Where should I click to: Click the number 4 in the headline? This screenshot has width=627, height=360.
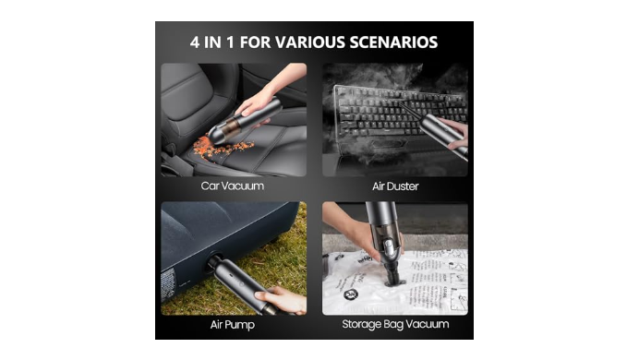tap(195, 42)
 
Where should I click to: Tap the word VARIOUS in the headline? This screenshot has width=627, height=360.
tap(310, 42)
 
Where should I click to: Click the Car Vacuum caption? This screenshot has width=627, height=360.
tap(233, 186)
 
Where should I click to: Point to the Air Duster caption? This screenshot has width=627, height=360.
tap(395, 186)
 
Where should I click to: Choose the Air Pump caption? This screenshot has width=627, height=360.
tap(233, 324)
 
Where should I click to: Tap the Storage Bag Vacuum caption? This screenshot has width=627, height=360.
tap(395, 324)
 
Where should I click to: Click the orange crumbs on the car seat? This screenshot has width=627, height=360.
tap(222, 148)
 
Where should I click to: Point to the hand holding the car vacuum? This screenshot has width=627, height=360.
tap(259, 98)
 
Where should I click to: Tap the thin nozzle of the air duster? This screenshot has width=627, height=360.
tap(412, 110)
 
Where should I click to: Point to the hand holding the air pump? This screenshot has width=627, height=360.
tap(281, 300)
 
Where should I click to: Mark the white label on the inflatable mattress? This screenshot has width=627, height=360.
tap(167, 284)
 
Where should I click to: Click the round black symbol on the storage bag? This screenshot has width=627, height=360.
tap(351, 294)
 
